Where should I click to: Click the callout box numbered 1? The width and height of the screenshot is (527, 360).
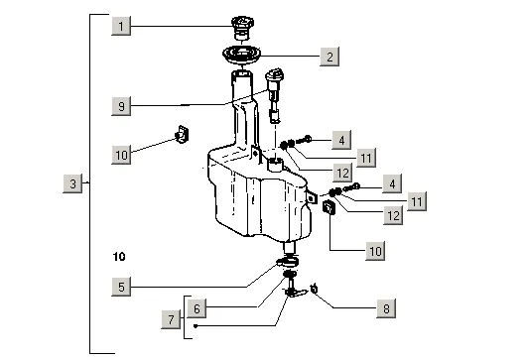tap(121, 26)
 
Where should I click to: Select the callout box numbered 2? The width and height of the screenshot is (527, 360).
tap(329, 57)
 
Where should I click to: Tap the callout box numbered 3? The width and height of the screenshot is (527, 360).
tap(72, 183)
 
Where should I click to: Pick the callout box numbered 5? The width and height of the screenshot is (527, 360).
tap(121, 287)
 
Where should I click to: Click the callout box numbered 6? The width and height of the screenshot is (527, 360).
tap(197, 308)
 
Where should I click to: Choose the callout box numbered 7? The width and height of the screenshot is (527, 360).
tap(171, 319)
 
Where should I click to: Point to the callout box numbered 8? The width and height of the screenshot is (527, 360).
tap(386, 308)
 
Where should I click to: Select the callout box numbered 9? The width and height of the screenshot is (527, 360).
tap(121, 106)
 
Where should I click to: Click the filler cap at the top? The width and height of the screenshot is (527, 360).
tap(242, 28)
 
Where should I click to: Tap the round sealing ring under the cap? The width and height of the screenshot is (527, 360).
tap(241, 55)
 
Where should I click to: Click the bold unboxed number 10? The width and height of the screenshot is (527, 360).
tap(119, 257)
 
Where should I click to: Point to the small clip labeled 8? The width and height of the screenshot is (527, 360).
tap(314, 289)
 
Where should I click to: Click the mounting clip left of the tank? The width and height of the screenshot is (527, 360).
tap(182, 134)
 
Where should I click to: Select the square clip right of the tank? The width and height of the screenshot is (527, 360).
tap(329, 207)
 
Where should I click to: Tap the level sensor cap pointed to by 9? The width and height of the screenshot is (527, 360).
tap(274, 76)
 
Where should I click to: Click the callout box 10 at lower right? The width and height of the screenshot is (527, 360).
tap(375, 251)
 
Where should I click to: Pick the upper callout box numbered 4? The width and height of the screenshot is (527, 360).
tap(341, 140)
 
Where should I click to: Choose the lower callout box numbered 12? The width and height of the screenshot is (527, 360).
tap(393, 215)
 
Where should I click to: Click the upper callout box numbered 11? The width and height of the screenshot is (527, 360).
tap(365, 158)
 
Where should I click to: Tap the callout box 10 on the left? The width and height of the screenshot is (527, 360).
tap(121, 155)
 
